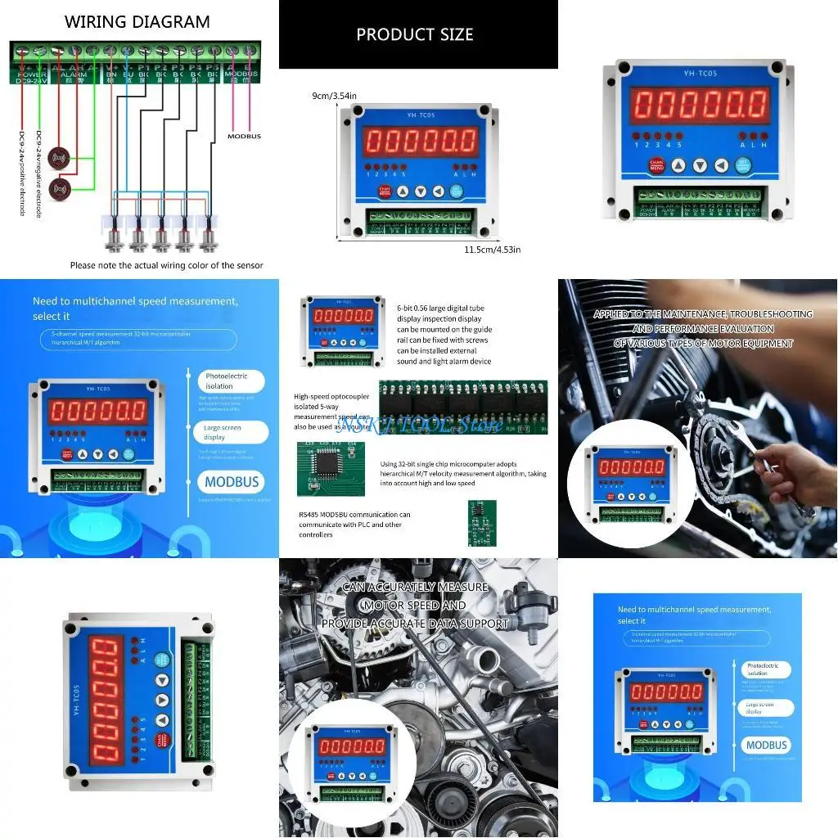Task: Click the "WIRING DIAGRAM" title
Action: [137, 22]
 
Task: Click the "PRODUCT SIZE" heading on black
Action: [415, 34]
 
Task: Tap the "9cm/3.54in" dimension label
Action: [335, 96]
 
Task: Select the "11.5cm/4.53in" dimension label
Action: [493, 249]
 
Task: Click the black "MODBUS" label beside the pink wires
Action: [244, 136]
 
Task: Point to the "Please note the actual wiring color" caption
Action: [166, 265]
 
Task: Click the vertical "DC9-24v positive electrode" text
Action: [22, 173]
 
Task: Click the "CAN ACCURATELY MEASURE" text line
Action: [415, 587]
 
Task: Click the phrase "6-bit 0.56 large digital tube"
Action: [440, 308]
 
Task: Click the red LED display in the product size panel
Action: [421, 141]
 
